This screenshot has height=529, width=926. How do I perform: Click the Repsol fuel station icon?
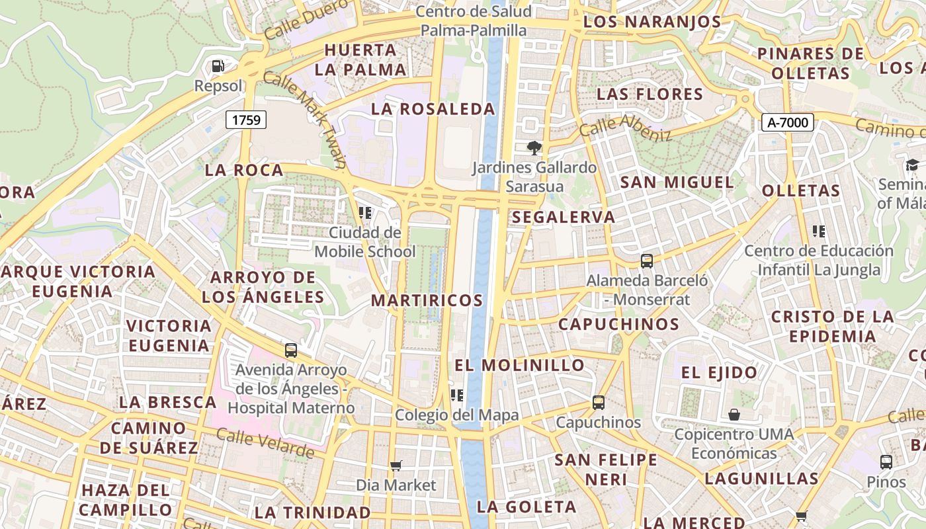218,66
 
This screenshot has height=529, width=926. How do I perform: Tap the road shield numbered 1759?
247,120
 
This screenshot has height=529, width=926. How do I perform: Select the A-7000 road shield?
787,122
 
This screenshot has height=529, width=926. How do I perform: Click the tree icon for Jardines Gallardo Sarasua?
534,147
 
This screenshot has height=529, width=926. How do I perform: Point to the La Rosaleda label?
433,109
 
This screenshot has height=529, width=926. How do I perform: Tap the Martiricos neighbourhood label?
427,300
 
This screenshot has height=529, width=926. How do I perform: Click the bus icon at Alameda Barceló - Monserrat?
647,261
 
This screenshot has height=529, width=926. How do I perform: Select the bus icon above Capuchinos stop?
599,402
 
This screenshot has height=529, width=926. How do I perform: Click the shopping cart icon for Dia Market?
396,466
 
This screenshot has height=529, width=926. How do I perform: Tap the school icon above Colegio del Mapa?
456,395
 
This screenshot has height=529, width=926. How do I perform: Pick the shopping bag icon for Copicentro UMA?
734,415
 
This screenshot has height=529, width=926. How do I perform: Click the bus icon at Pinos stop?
886,462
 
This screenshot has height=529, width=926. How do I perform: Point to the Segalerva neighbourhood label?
564,217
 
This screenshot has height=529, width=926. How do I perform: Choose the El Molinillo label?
520,365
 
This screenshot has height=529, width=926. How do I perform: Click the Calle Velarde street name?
265,444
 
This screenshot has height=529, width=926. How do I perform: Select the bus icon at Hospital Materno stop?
291,350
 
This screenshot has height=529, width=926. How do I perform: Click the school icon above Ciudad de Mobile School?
364,213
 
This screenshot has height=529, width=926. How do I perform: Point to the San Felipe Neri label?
606,468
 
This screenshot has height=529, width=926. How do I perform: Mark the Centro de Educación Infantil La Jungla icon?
819,231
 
